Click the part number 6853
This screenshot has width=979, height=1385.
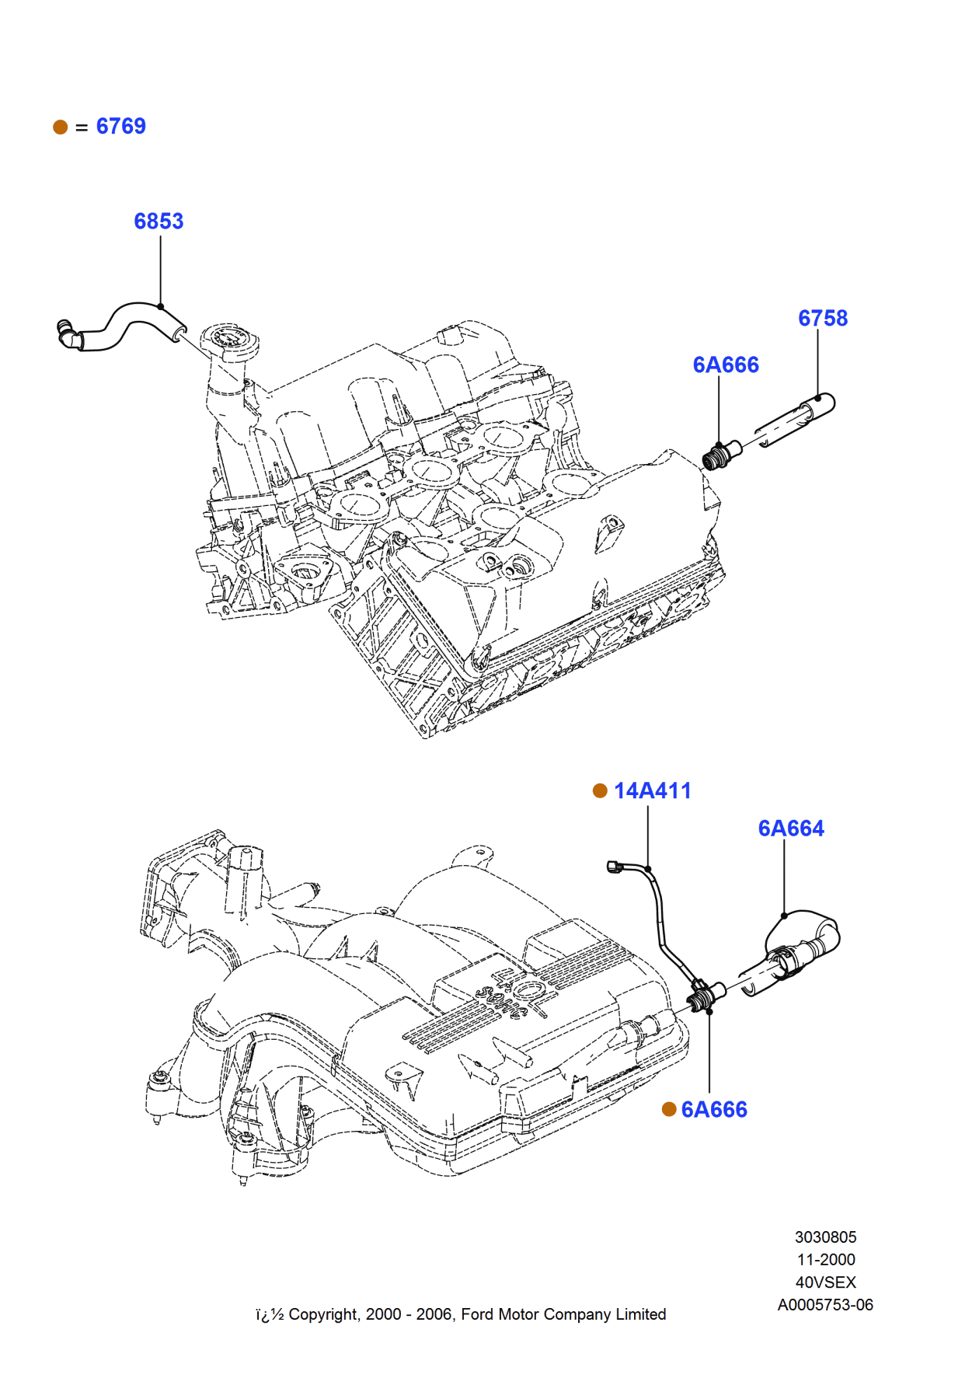point(159,222)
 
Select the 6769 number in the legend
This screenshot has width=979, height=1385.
point(120,127)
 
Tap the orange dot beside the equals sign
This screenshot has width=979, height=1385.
point(61,127)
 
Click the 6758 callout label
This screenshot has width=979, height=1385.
point(823,319)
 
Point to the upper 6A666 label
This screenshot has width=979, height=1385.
point(726,365)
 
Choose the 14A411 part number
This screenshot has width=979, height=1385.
point(652,791)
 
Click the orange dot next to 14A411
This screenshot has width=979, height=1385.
point(600,791)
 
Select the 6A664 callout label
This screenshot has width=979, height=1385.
point(791,829)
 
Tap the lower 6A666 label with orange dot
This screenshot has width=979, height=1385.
point(714,1110)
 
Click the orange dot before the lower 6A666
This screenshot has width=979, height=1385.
point(669,1110)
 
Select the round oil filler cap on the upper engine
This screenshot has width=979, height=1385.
point(231,340)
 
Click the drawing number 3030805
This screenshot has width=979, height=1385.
point(825,1237)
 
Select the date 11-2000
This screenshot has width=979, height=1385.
point(825,1260)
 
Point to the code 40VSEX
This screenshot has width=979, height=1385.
point(825,1282)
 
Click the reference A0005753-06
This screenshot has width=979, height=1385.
point(825,1305)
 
